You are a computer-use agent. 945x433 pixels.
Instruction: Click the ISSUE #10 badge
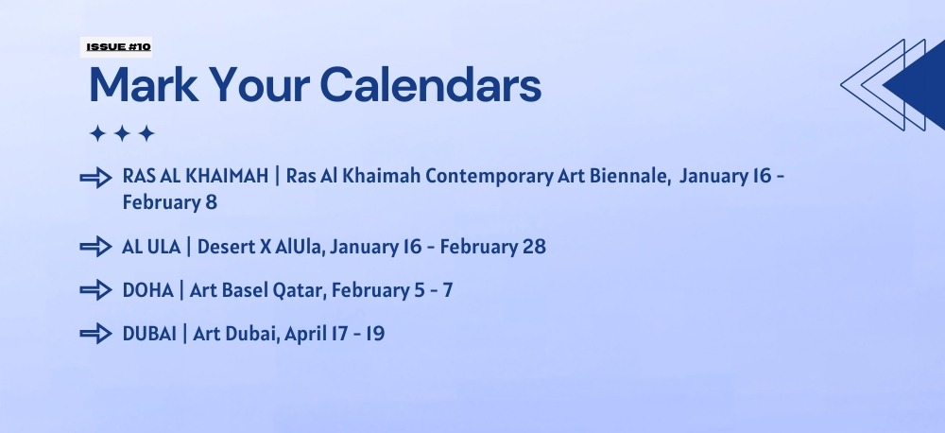pyautogui.click(x=115, y=47)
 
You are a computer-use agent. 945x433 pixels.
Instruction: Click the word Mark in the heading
pyautogui.click(x=144, y=84)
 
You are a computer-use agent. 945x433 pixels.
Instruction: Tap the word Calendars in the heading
pyautogui.click(x=430, y=84)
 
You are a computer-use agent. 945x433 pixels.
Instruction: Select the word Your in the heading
pyautogui.click(x=259, y=84)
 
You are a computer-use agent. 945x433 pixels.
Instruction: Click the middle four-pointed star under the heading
pyautogui.click(x=122, y=133)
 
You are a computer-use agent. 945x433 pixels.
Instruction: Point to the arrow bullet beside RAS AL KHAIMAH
pyautogui.click(x=95, y=178)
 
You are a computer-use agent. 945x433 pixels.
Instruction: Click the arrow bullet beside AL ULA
pyautogui.click(x=95, y=247)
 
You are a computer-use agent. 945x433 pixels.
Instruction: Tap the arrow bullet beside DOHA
pyautogui.click(x=95, y=290)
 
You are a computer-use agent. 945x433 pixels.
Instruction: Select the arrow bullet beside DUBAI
pyautogui.click(x=95, y=334)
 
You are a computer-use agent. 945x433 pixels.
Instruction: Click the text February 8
pyautogui.click(x=169, y=202)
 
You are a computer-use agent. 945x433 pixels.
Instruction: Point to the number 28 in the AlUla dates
pyautogui.click(x=535, y=247)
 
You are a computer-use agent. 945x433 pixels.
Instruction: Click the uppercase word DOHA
pyautogui.click(x=147, y=290)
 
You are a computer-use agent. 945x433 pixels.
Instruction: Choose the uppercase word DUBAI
pyautogui.click(x=149, y=334)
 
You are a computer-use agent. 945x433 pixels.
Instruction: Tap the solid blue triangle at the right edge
pyautogui.click(x=916, y=85)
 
